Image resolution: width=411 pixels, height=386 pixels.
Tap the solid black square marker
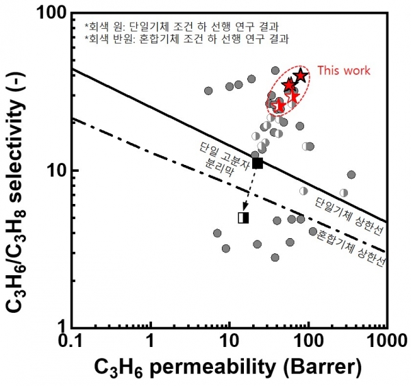(x=258, y=162)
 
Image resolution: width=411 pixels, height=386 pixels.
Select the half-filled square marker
(x=243, y=218)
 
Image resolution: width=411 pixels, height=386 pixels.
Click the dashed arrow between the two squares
(x=251, y=190)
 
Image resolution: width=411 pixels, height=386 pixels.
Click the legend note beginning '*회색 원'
(x=161, y=26)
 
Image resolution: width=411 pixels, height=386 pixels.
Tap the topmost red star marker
(x=300, y=75)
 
